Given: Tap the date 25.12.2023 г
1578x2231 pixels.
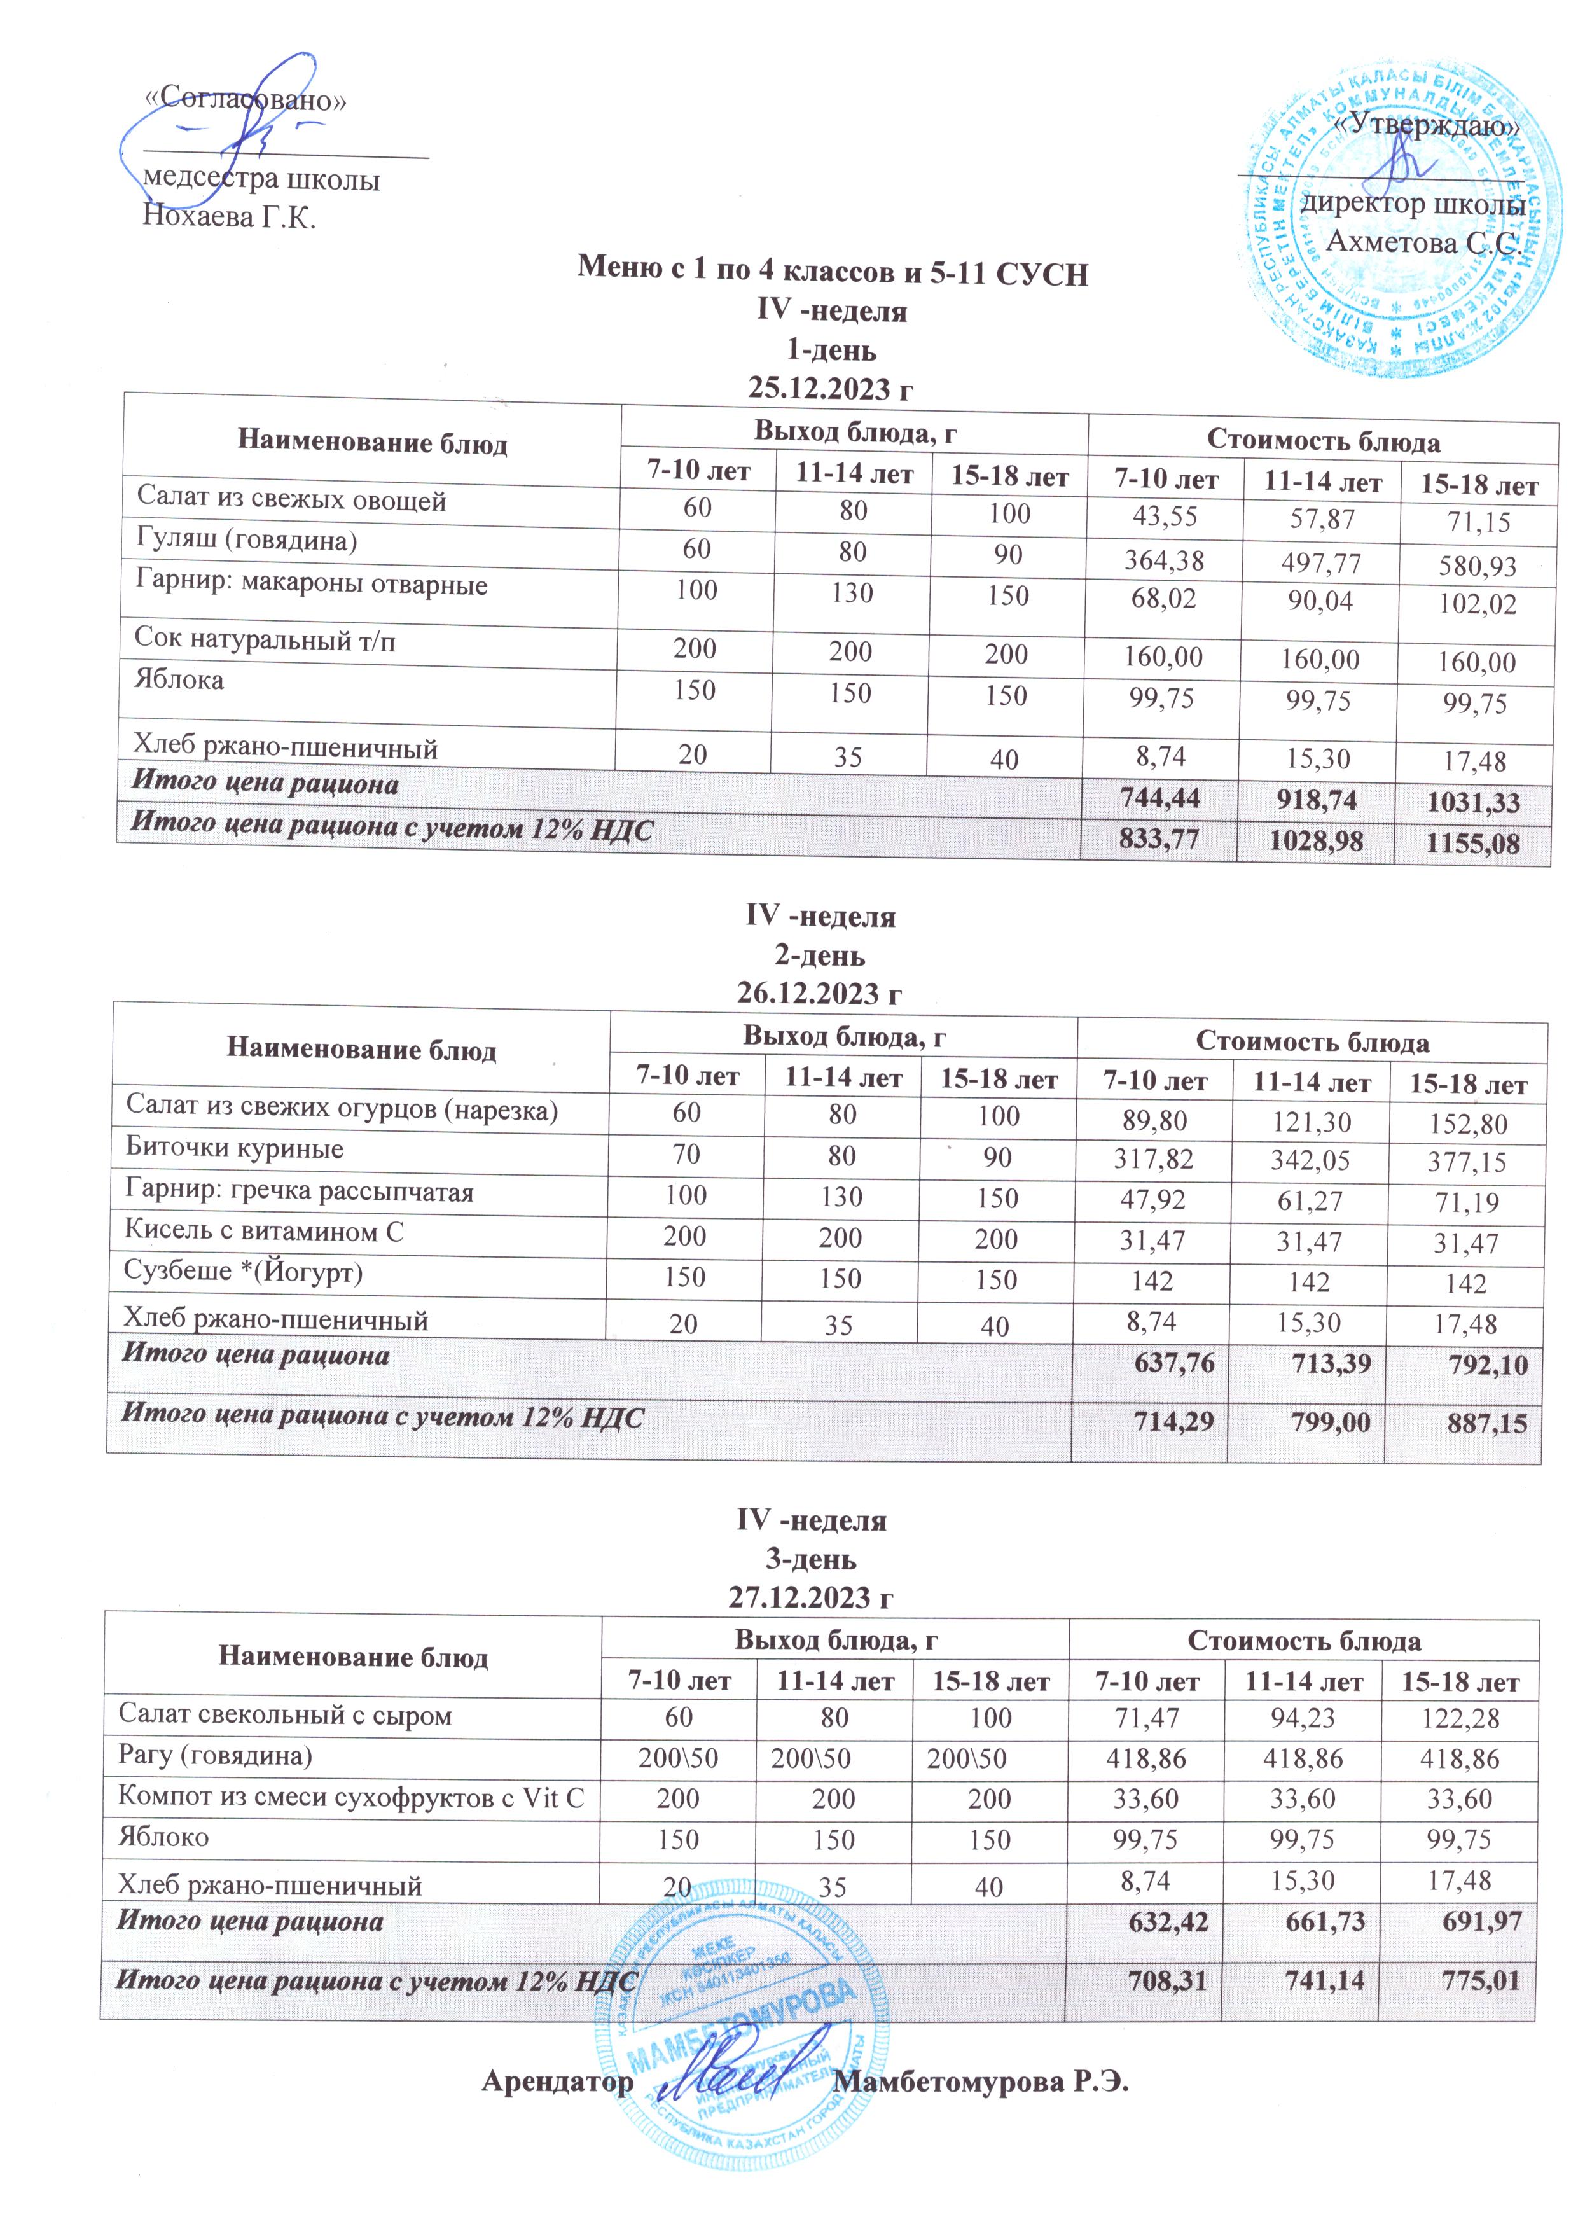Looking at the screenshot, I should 831,389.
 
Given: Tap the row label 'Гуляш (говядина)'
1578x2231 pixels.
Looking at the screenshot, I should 247,541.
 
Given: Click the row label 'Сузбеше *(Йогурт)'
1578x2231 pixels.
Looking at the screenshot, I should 243,1271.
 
